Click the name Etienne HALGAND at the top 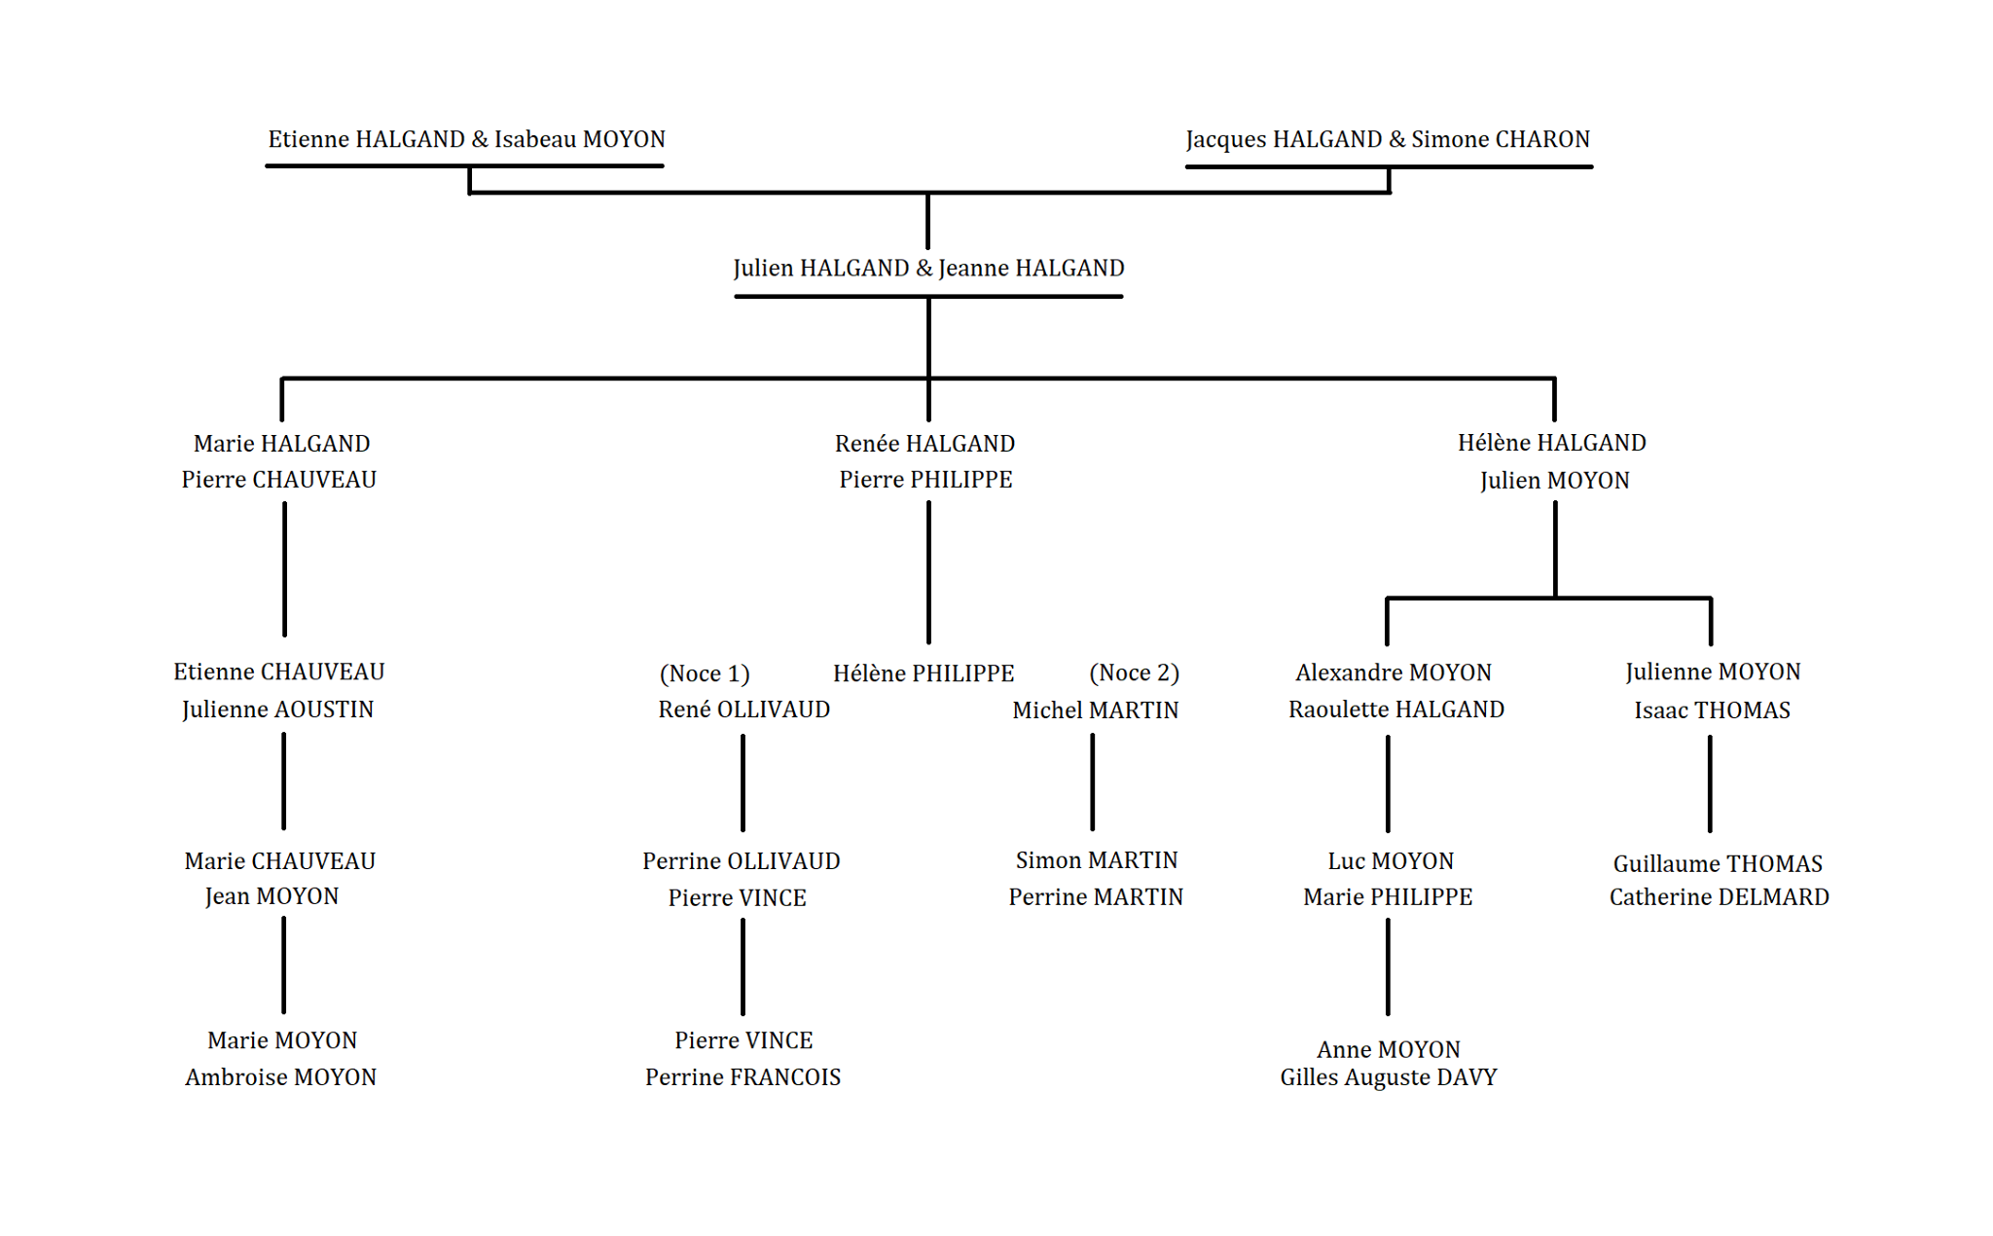pyautogui.click(x=367, y=139)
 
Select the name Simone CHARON pyautogui.click(x=1501, y=139)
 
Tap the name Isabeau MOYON pyautogui.click(x=580, y=139)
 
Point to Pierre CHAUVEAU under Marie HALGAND pyautogui.click(x=279, y=480)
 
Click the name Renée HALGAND pyautogui.click(x=924, y=444)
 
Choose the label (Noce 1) pyautogui.click(x=705, y=673)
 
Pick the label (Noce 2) pyautogui.click(x=1135, y=673)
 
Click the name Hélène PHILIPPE pyautogui.click(x=924, y=673)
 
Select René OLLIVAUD pyautogui.click(x=744, y=709)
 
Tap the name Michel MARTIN pyautogui.click(x=1096, y=710)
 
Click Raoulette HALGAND pyautogui.click(x=1396, y=709)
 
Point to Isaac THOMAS pyautogui.click(x=1713, y=710)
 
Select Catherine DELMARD pyautogui.click(x=1720, y=897)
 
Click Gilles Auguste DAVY pyautogui.click(x=1389, y=1077)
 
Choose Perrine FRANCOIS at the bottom pyautogui.click(x=743, y=1077)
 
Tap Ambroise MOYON pyautogui.click(x=281, y=1077)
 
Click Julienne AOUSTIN pyautogui.click(x=278, y=709)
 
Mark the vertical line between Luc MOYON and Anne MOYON pyautogui.click(x=1388, y=966)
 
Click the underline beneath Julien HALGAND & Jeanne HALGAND pyautogui.click(x=928, y=297)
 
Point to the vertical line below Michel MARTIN pyautogui.click(x=1093, y=782)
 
